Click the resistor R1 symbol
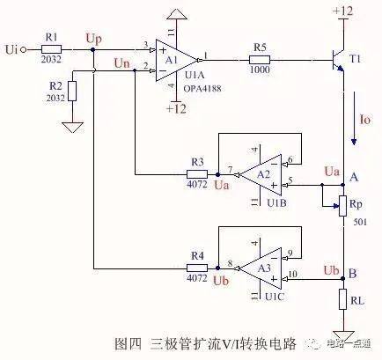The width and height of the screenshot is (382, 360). click(50, 48)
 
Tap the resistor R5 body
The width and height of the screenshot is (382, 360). click(258, 59)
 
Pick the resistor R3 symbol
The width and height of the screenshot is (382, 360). click(198, 173)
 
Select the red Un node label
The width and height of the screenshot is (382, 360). click(125, 63)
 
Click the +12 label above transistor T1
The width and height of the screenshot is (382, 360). click(342, 11)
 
